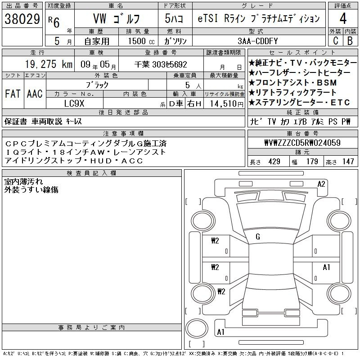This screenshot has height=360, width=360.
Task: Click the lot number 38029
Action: click(x=22, y=19)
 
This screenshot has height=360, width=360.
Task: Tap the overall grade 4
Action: click(x=343, y=18)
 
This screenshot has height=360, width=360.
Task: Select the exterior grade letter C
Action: click(x=336, y=41)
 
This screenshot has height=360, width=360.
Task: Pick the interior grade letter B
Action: click(x=350, y=41)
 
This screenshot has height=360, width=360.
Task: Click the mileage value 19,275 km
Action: click(x=49, y=64)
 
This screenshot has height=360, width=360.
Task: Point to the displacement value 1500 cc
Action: click(x=141, y=41)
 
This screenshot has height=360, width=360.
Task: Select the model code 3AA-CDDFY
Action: click(x=257, y=41)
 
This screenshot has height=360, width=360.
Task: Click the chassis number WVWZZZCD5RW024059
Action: click(x=302, y=143)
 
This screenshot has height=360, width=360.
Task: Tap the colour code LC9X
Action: click(x=74, y=103)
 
